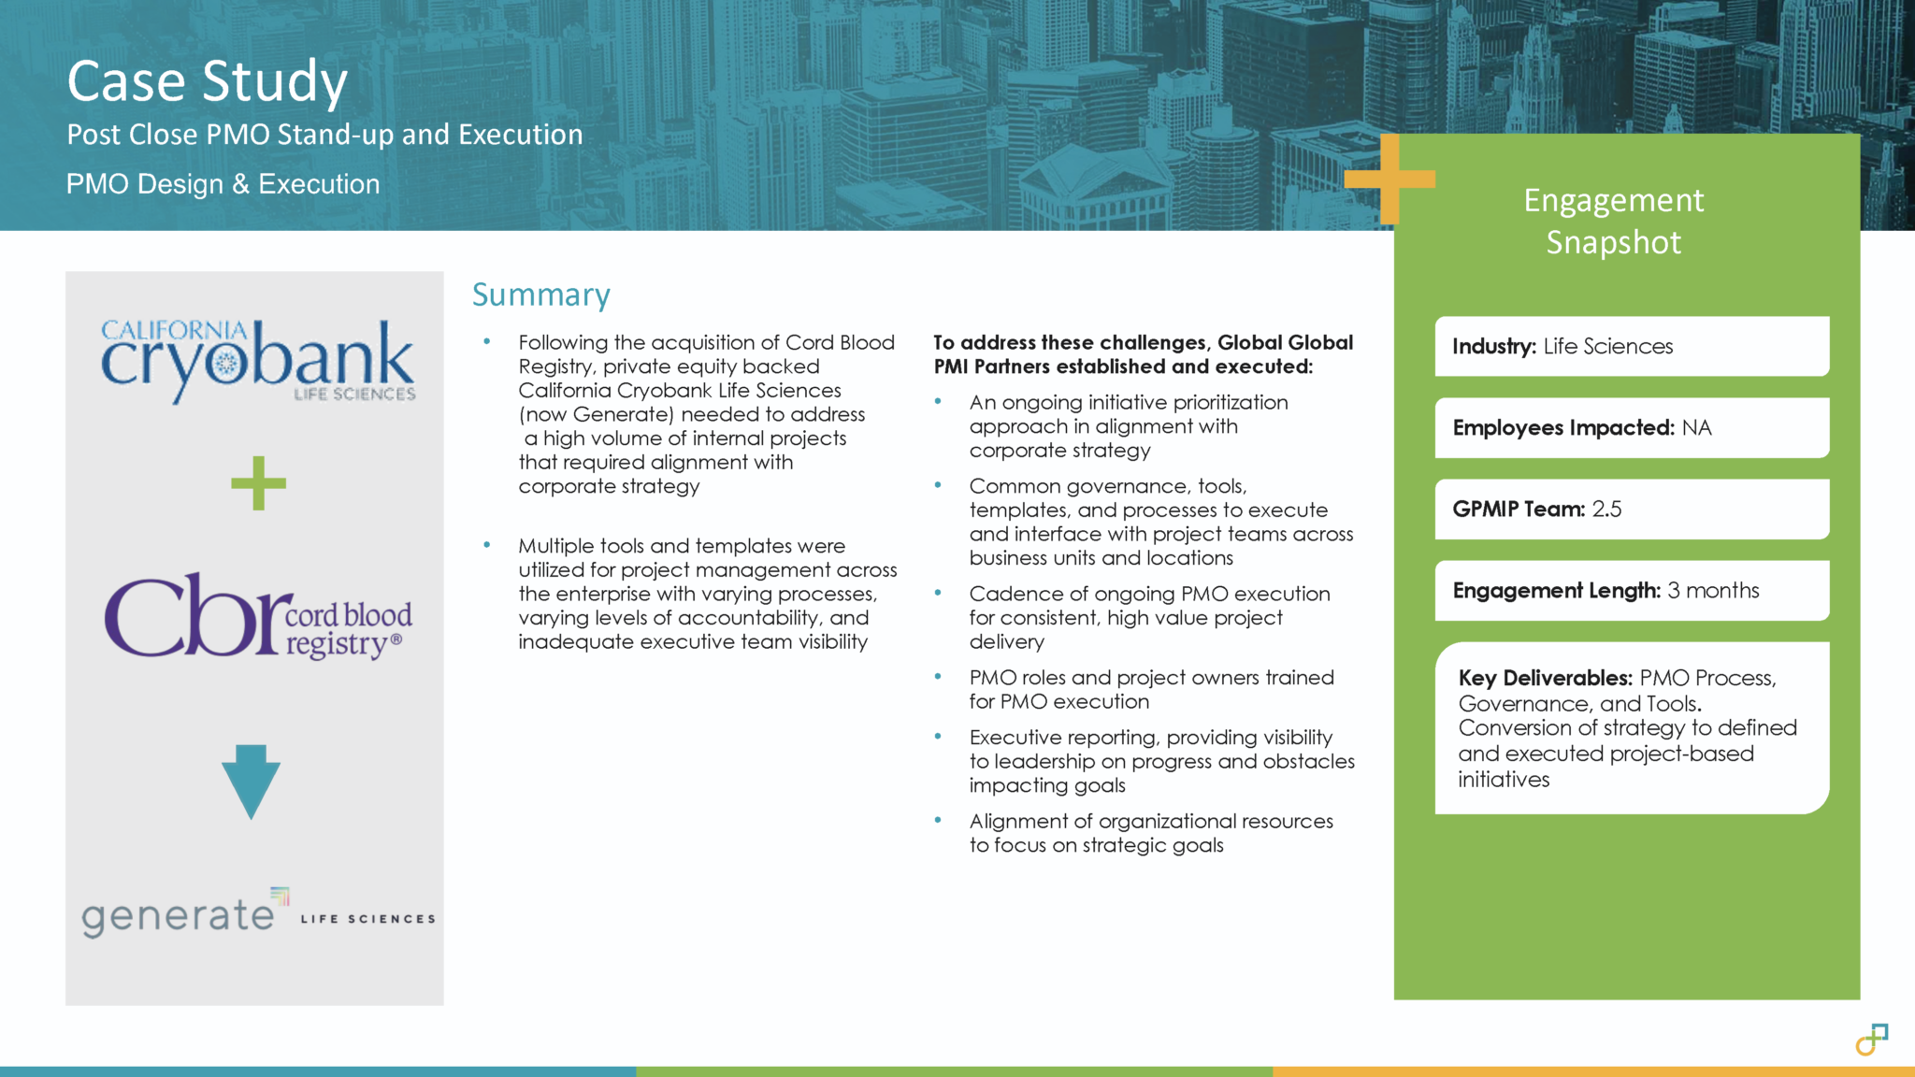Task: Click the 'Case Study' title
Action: [x=207, y=81]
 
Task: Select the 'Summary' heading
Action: [x=540, y=294]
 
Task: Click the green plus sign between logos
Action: [x=258, y=483]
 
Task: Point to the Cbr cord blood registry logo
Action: [x=258, y=616]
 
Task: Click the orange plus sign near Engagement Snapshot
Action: [x=1389, y=179]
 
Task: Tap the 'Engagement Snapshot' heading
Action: [x=1613, y=221]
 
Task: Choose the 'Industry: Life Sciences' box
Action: [x=1632, y=346]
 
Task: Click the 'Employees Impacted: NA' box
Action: [x=1632, y=427]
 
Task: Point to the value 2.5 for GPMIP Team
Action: [x=1606, y=509]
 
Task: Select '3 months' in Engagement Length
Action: [x=1713, y=590]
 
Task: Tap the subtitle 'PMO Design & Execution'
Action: [x=223, y=184]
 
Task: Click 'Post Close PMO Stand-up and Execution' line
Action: [x=324, y=135]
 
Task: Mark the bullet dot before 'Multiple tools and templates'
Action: [x=487, y=544]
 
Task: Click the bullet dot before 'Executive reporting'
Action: [x=938, y=737]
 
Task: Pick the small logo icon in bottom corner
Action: [x=1872, y=1039]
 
